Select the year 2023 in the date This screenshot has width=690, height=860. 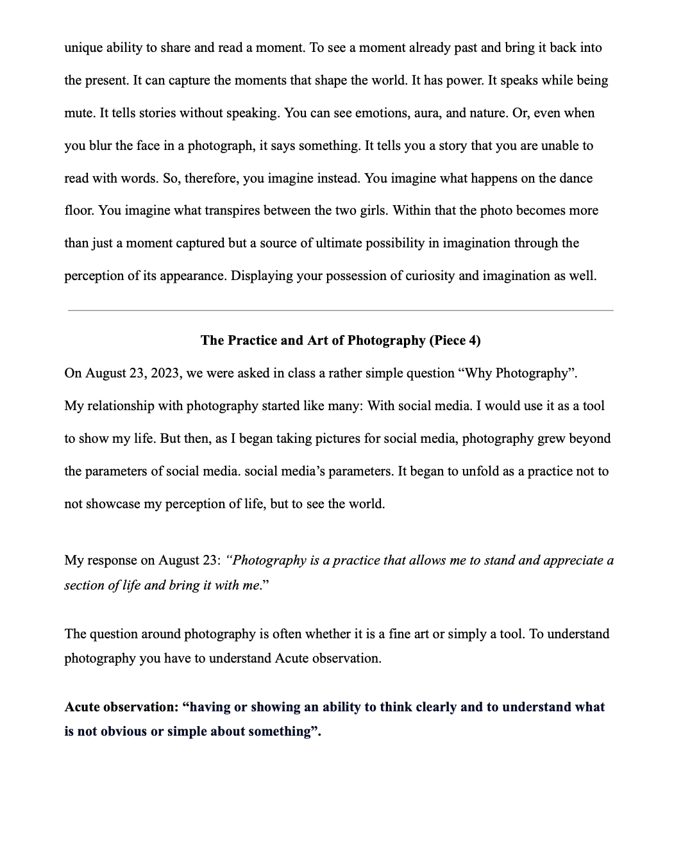[165, 374]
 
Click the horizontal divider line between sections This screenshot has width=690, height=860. [341, 310]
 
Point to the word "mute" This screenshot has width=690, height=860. [79, 113]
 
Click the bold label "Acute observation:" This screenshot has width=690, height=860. [121, 707]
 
